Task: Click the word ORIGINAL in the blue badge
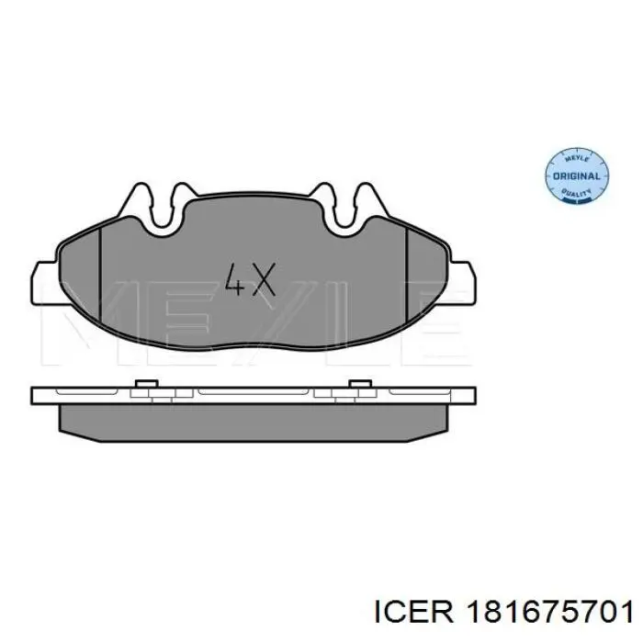578,175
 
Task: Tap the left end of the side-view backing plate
38,394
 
